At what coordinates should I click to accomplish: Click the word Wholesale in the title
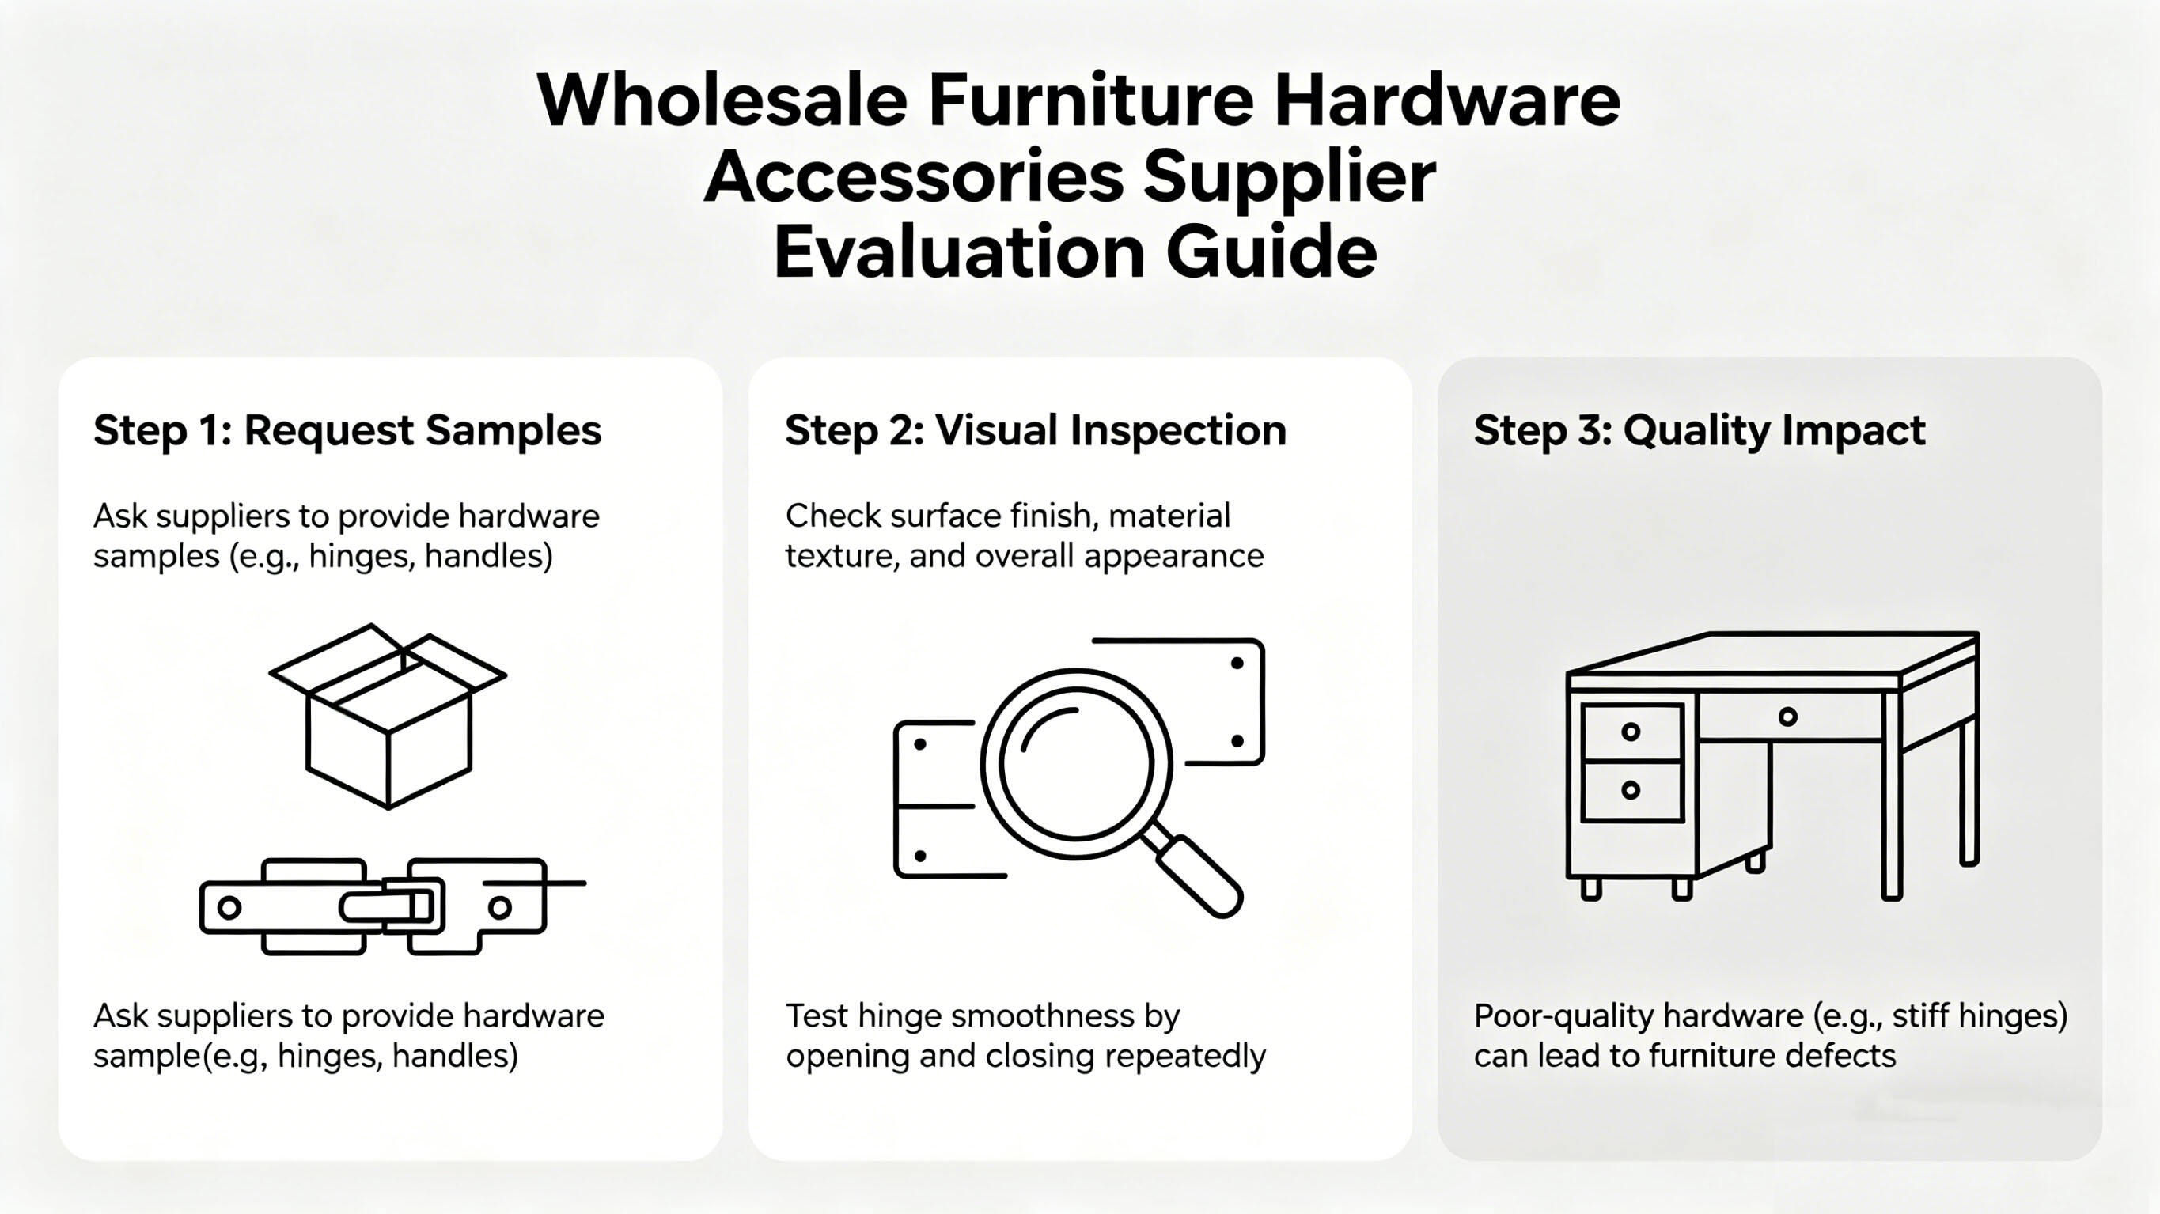click(x=722, y=100)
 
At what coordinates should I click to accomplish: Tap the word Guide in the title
click(x=1271, y=252)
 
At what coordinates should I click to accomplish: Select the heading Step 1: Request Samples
click(x=347, y=431)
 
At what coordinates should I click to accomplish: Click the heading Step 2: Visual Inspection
click(x=1036, y=431)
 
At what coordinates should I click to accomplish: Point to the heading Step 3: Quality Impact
click(x=1700, y=431)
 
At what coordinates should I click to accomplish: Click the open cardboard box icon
click(x=388, y=716)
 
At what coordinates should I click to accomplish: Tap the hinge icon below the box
click(x=392, y=906)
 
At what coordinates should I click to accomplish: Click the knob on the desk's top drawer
click(x=1631, y=732)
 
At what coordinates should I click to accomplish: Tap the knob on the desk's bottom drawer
click(x=1631, y=790)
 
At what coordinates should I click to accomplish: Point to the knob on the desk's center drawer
click(x=1787, y=717)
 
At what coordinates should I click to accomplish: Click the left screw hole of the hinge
click(x=229, y=907)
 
